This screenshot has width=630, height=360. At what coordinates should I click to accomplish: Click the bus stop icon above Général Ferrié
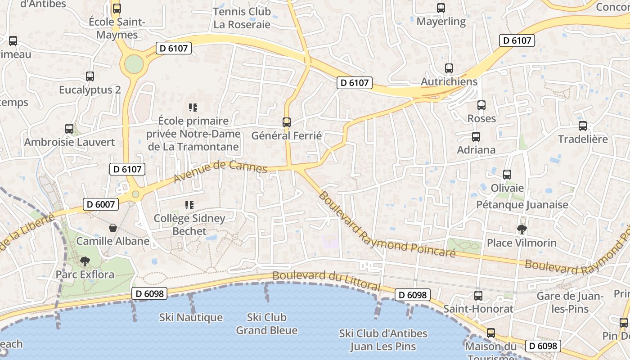(286, 122)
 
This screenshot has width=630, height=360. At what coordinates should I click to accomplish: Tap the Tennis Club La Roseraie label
(242, 18)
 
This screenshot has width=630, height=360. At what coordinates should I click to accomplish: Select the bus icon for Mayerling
(441, 8)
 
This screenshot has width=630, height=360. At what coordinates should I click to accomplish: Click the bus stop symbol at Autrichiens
(449, 68)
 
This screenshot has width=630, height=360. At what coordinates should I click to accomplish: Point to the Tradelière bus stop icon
(583, 126)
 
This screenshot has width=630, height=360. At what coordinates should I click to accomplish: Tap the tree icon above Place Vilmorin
(522, 229)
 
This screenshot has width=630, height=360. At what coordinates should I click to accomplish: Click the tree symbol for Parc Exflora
(85, 261)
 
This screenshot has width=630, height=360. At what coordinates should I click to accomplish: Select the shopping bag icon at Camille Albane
(113, 228)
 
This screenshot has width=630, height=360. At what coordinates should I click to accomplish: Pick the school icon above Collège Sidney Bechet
(189, 205)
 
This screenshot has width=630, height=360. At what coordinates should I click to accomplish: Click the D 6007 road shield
(101, 204)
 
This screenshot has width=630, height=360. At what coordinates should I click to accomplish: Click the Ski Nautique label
(191, 317)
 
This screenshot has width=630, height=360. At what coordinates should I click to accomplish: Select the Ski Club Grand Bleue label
(267, 324)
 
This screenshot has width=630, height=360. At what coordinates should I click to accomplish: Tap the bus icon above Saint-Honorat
(478, 296)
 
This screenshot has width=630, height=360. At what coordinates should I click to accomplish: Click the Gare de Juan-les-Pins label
(570, 302)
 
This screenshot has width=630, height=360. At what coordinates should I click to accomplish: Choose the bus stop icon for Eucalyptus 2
(90, 76)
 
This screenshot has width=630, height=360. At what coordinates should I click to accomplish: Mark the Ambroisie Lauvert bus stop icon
(69, 129)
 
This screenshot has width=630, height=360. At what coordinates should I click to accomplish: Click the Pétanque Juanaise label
(522, 205)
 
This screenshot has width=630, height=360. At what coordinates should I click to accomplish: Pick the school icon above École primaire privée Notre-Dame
(193, 108)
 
